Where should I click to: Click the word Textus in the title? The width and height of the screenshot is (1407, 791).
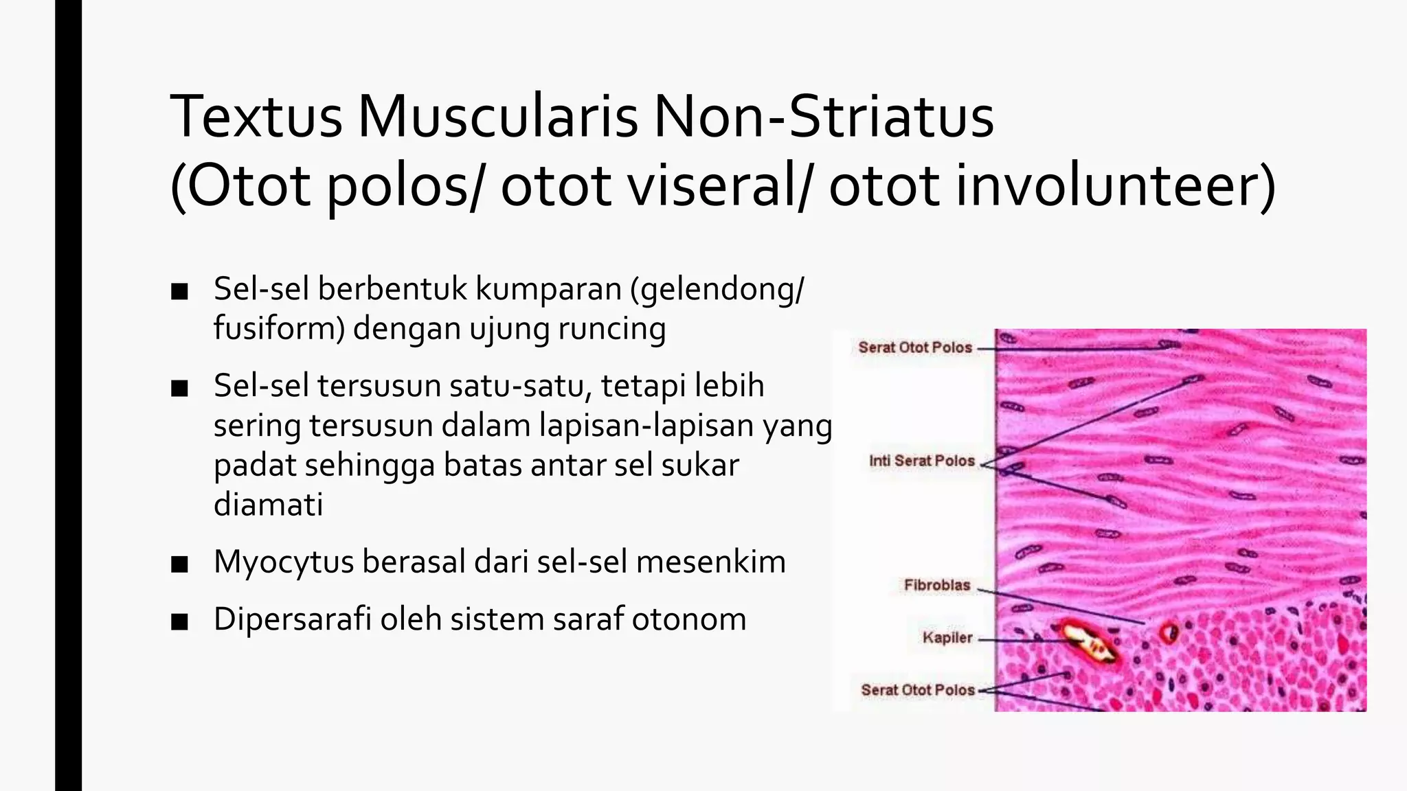point(256,117)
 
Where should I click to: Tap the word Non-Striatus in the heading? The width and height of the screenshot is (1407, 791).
point(823,117)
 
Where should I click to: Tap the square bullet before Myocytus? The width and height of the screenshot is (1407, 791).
point(180,564)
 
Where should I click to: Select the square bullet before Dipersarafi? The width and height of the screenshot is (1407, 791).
point(180,621)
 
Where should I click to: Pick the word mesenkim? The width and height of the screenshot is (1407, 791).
point(710,562)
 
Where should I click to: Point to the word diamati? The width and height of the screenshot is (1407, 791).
point(268,505)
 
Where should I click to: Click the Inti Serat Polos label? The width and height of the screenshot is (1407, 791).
point(921,461)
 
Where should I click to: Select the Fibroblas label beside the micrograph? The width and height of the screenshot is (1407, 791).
point(936,585)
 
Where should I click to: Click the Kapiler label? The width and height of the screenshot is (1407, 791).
point(947,638)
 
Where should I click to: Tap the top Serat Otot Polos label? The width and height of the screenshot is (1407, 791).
point(915,347)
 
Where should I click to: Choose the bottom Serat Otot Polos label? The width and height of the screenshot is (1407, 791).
point(918,690)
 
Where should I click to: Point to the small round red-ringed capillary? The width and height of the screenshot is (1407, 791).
point(1169,631)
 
